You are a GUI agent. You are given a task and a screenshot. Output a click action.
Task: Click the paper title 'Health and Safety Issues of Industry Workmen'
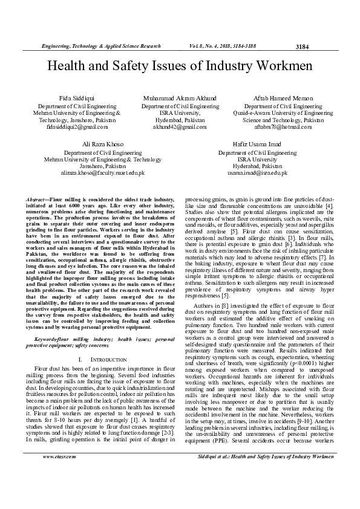[180, 66]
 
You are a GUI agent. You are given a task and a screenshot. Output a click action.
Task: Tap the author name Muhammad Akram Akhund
[180, 97]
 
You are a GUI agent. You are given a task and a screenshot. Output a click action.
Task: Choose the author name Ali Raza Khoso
[102, 144]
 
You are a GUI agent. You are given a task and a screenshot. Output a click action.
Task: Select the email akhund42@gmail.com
[180, 127]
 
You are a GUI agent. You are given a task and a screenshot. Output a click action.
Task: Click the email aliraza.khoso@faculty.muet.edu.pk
[102, 173]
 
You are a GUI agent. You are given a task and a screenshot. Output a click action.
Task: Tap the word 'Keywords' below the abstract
[47, 340]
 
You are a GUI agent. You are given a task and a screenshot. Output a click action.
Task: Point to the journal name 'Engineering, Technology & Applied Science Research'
[100, 46]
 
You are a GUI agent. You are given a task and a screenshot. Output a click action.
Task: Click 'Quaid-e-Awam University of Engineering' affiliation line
[283, 113]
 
